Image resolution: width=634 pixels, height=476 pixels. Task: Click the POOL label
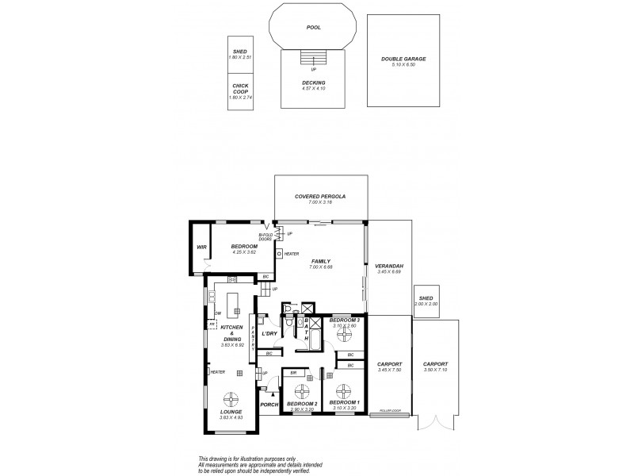tap(315, 26)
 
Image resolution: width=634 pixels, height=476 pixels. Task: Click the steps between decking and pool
tap(315, 59)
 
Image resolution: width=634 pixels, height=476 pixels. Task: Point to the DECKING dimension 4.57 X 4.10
tap(315, 87)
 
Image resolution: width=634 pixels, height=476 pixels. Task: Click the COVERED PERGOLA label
tap(320, 196)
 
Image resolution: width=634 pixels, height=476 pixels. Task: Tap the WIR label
tap(201, 248)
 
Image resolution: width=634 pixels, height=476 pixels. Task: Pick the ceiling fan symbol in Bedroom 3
tap(345, 334)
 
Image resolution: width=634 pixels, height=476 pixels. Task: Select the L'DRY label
tap(269, 334)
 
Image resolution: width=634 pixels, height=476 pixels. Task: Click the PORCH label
tap(269, 405)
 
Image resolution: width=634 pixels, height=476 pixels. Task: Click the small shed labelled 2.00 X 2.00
tap(426, 301)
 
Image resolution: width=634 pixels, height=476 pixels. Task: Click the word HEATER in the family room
tap(292, 253)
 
